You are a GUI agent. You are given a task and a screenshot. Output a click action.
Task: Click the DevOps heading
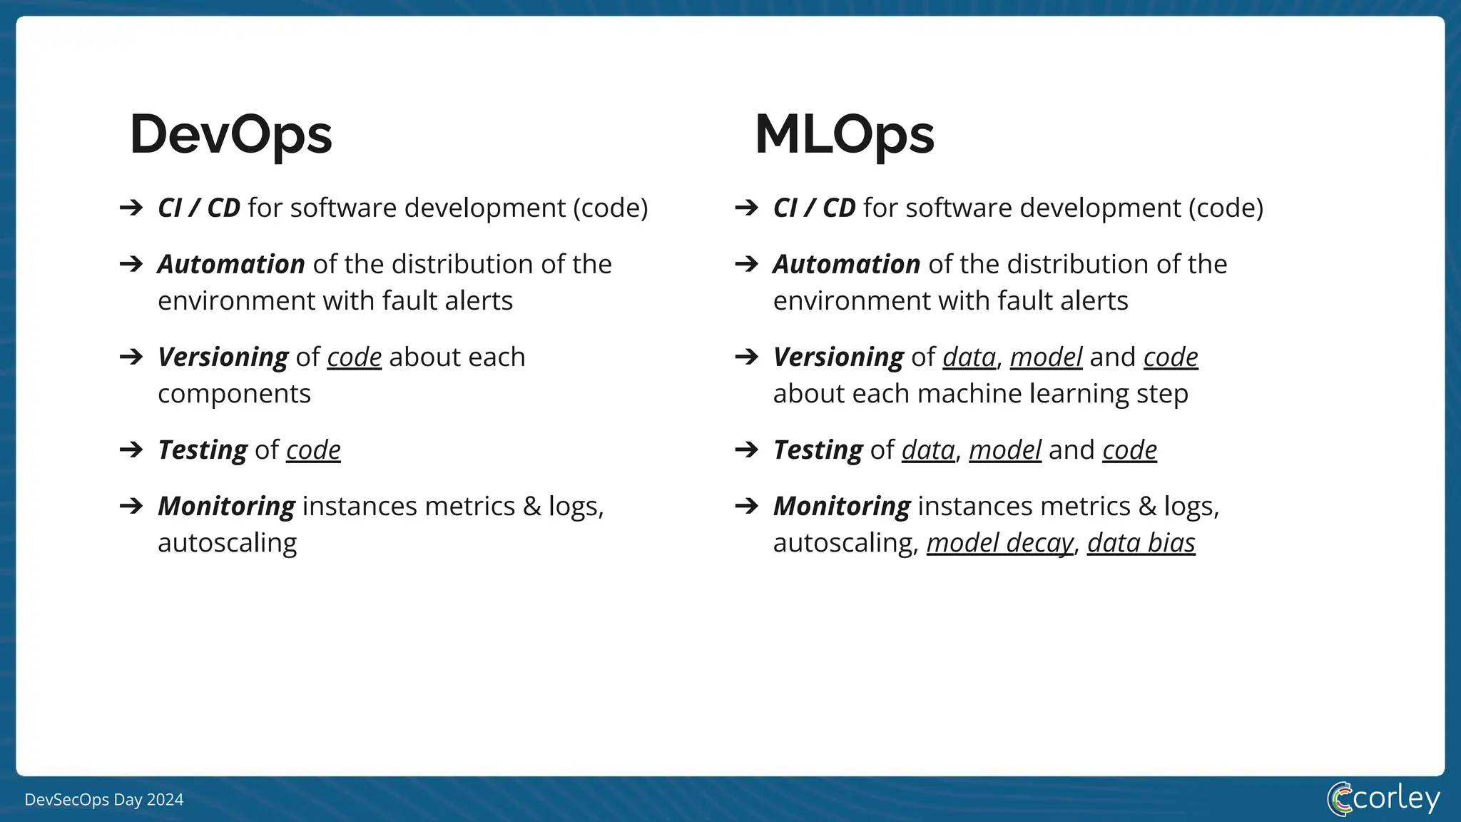[x=230, y=135]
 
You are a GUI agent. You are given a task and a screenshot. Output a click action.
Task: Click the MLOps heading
[x=844, y=135]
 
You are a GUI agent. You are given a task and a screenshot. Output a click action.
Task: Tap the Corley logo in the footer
[x=1383, y=798]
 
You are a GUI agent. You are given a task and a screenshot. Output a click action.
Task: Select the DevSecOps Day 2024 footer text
[x=104, y=800]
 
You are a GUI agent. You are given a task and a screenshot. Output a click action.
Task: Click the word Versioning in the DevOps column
[x=223, y=357]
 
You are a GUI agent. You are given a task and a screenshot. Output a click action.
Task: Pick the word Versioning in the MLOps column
[x=838, y=357]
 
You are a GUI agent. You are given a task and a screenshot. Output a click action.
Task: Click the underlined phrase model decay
[x=999, y=543]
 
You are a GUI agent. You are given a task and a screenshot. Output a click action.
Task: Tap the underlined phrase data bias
[x=1141, y=543]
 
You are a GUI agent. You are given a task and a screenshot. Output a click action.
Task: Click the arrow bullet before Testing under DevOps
[x=131, y=450]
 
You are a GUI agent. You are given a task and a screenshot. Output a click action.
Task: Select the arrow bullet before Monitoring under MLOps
[x=746, y=506]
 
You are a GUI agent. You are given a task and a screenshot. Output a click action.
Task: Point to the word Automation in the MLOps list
[x=846, y=264]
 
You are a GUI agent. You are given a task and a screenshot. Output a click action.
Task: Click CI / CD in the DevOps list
[x=199, y=208]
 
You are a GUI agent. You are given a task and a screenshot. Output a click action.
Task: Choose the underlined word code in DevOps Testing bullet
[x=313, y=450]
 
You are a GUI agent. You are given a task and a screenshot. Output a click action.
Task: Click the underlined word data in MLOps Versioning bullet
[x=969, y=357]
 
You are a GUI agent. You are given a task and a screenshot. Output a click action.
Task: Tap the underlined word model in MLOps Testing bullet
[x=1004, y=450]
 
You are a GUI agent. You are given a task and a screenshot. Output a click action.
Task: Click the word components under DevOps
[x=234, y=394]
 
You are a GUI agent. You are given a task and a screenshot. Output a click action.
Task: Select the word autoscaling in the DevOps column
[x=227, y=543]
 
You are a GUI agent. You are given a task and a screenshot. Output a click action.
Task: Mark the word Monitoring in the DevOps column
[x=226, y=506]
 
